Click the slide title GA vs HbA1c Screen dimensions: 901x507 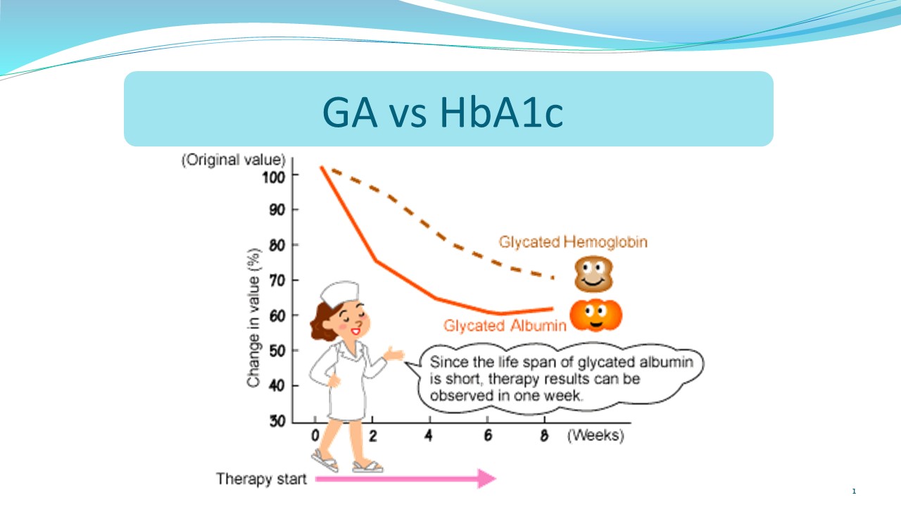pos(443,112)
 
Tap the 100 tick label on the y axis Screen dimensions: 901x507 pos(274,177)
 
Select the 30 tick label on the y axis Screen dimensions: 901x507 pos(277,421)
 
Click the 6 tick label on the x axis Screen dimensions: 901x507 pos(488,435)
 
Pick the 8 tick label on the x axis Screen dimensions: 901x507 pos(544,435)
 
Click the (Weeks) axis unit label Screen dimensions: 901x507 pos(596,435)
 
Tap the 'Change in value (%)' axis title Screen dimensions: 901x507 pos(254,318)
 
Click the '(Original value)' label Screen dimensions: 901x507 pos(233,160)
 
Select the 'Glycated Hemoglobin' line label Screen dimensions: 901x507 pos(573,242)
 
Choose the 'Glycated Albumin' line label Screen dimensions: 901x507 pos(505,325)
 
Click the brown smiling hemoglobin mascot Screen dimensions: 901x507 pos(593,274)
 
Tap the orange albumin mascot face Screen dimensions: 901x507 pos(596,315)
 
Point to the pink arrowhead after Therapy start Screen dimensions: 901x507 pos(486,478)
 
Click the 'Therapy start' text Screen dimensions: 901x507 pos(261,479)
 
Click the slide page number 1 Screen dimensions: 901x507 pos(854,492)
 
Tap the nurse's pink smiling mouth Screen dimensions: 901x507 pos(355,332)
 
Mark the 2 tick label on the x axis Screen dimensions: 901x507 pos(373,435)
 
